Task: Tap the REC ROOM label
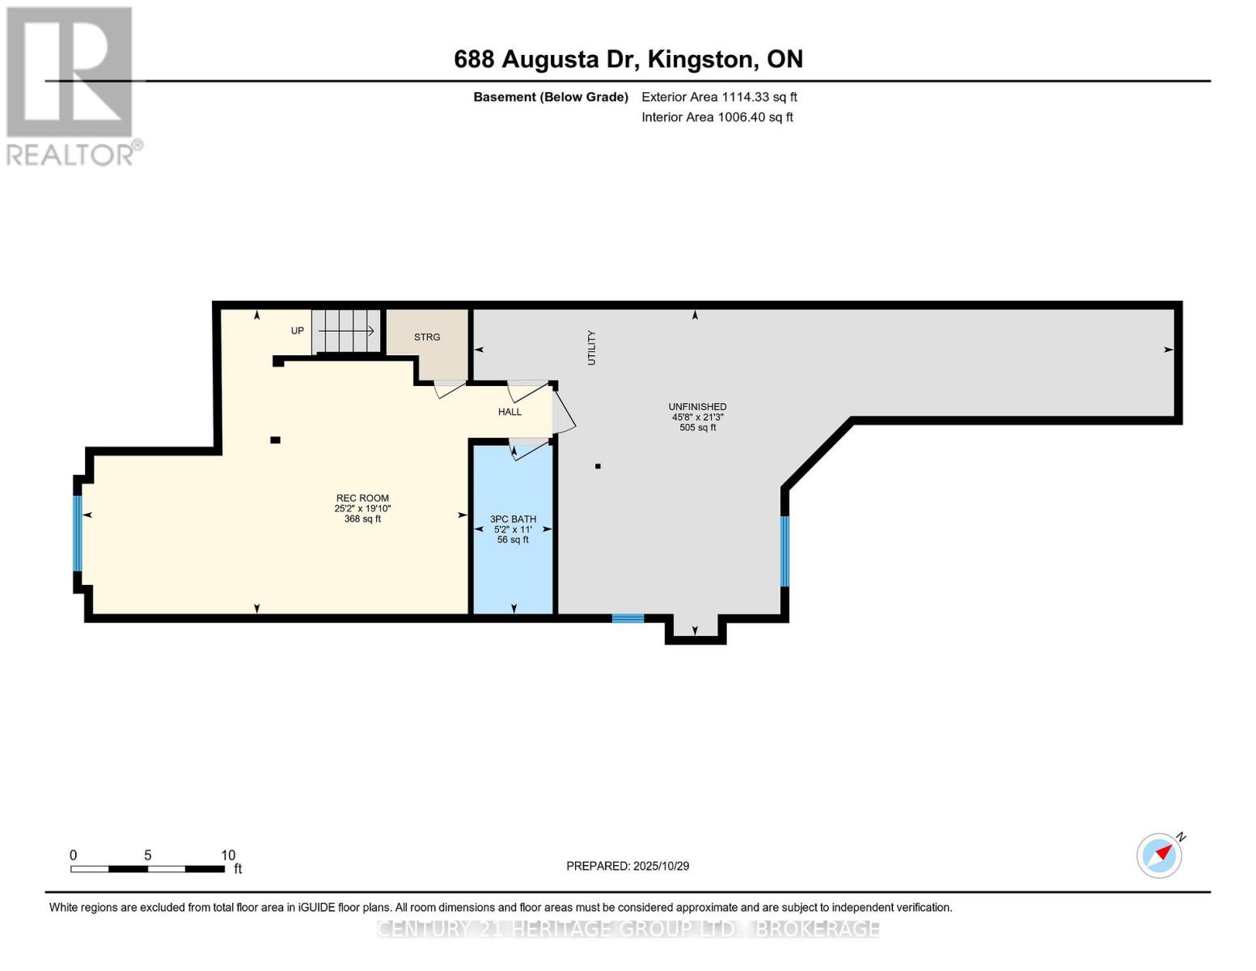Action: click(x=362, y=498)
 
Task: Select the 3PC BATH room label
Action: click(x=513, y=519)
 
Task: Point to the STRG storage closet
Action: click(x=427, y=337)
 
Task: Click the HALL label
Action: click(x=510, y=412)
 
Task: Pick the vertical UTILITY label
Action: click(x=591, y=348)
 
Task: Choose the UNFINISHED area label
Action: click(x=697, y=407)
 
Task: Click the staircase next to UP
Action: click(x=346, y=331)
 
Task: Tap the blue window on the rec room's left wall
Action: click(x=78, y=533)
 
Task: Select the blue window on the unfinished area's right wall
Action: click(x=784, y=551)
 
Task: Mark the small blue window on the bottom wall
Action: click(x=628, y=618)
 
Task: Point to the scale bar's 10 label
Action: click(x=228, y=855)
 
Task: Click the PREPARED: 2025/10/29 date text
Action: click(x=628, y=866)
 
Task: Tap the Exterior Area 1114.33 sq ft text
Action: click(x=719, y=97)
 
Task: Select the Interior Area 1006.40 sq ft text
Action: click(x=717, y=117)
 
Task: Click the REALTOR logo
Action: click(x=71, y=85)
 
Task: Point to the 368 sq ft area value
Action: click(x=362, y=519)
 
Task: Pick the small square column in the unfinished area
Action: click(x=598, y=466)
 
